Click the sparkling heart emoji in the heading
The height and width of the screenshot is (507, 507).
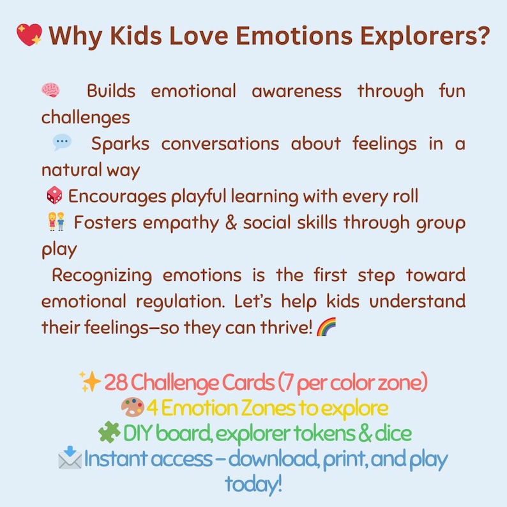click(x=29, y=34)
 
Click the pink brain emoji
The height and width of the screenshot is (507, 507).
click(x=50, y=91)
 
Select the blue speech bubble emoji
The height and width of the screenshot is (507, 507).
click(x=62, y=143)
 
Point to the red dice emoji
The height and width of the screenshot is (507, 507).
click(x=55, y=196)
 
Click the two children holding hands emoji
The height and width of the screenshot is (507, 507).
click(x=56, y=223)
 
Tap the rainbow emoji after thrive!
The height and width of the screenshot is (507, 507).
click(x=326, y=328)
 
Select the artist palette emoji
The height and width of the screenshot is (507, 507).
click(x=132, y=407)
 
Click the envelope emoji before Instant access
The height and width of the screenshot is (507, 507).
click(x=70, y=458)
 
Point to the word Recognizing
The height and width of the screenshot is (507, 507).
click(x=102, y=276)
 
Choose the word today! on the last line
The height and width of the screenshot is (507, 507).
click(x=253, y=484)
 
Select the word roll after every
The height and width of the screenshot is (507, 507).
click(x=403, y=196)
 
